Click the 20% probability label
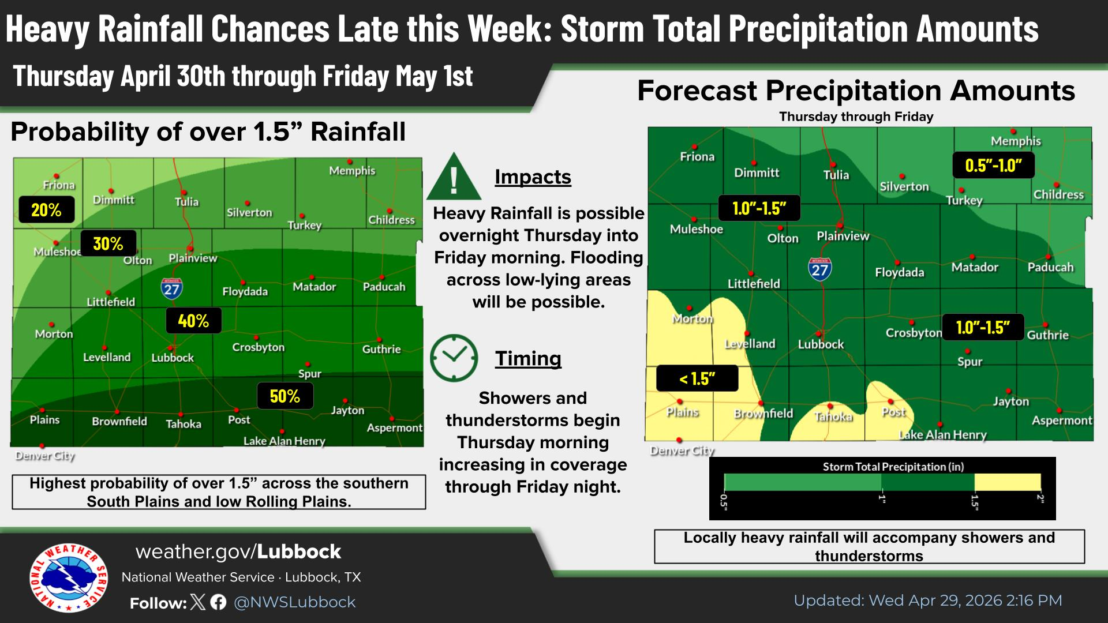(x=46, y=210)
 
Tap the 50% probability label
(x=285, y=396)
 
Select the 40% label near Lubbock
(x=193, y=321)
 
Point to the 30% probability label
(x=108, y=243)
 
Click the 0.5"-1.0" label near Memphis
(x=993, y=166)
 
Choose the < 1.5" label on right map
(x=697, y=378)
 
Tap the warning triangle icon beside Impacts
(x=454, y=177)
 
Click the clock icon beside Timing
(x=454, y=358)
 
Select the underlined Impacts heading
(x=533, y=177)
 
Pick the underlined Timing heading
(x=528, y=358)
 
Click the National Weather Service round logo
(x=69, y=577)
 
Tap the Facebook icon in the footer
(x=218, y=602)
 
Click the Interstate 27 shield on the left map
(x=171, y=288)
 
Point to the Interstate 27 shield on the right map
(x=819, y=269)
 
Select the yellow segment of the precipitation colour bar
(x=1008, y=482)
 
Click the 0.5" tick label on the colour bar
(x=724, y=502)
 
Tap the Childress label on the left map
(x=391, y=220)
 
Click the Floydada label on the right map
(x=899, y=272)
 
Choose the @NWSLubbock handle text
(x=294, y=602)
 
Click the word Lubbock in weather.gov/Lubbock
(x=299, y=551)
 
